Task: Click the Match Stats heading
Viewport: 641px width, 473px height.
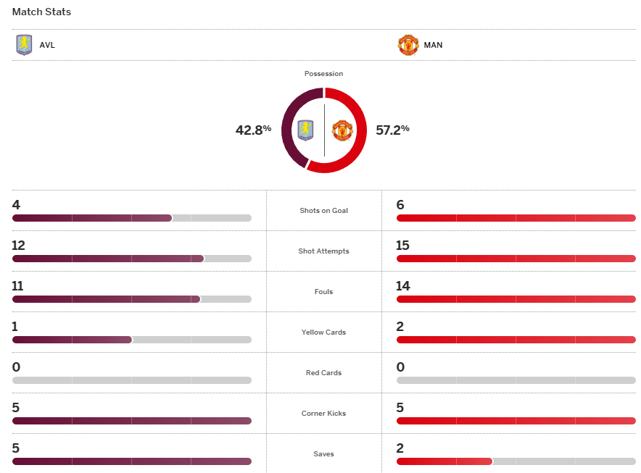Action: (x=41, y=12)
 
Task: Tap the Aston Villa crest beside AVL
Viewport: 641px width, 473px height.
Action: (x=24, y=45)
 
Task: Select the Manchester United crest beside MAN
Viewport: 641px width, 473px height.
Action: (x=408, y=45)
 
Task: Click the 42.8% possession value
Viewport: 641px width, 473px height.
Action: (x=253, y=130)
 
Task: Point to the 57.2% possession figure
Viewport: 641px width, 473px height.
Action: (x=392, y=130)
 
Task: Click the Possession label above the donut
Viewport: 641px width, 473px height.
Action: (x=323, y=74)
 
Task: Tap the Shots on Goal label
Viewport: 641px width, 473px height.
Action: (x=323, y=211)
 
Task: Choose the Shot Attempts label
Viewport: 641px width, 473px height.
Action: (x=323, y=251)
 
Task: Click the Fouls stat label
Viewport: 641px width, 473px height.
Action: (x=323, y=292)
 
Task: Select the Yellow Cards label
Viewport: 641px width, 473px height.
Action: (x=323, y=332)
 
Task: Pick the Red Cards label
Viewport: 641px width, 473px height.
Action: (x=323, y=373)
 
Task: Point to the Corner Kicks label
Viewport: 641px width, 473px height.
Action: (x=323, y=414)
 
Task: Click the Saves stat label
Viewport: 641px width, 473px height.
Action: (x=323, y=454)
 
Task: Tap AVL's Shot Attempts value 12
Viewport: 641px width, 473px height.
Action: (x=19, y=246)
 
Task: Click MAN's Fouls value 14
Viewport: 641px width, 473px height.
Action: (x=403, y=286)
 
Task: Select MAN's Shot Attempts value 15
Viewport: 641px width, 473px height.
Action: (x=403, y=246)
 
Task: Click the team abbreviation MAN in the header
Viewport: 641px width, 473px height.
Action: (x=433, y=45)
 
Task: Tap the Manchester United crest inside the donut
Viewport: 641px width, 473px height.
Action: (x=342, y=130)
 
